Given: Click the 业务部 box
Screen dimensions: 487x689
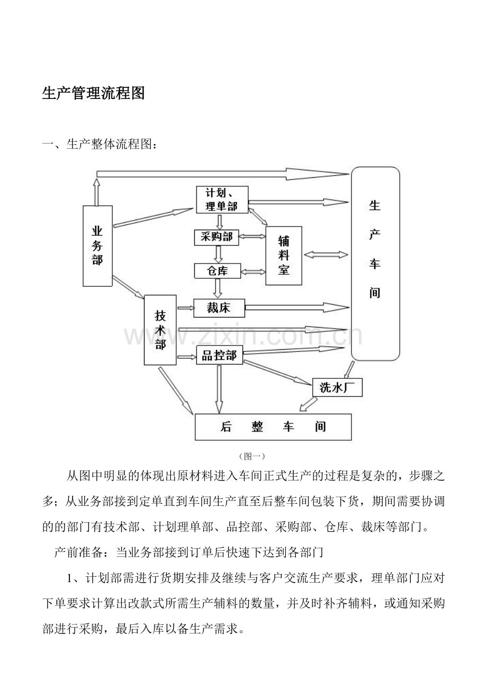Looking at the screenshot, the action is pyautogui.click(x=97, y=246).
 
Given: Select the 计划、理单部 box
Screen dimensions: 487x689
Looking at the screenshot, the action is pyautogui.click(x=222, y=200).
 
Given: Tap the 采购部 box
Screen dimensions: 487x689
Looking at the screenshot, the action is pyautogui.click(x=217, y=237).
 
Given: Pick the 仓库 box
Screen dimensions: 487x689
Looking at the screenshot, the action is pyautogui.click(x=218, y=271).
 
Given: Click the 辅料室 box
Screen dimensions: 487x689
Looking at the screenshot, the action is pyautogui.click(x=284, y=256).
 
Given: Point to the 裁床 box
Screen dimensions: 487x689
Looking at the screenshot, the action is pyautogui.click(x=219, y=308).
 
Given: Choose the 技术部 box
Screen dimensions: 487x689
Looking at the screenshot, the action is pyautogui.click(x=160, y=330).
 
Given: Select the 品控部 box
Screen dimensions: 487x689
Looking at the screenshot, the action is pyautogui.click(x=220, y=355).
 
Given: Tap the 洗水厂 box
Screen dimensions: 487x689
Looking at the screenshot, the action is pyautogui.click(x=337, y=387).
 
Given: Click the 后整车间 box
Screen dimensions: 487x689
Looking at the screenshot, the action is pyautogui.click(x=273, y=427).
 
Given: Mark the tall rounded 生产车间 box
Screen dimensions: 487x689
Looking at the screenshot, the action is pyautogui.click(x=375, y=264).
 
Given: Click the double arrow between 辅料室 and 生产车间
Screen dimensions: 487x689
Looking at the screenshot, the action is pyautogui.click(x=326, y=255).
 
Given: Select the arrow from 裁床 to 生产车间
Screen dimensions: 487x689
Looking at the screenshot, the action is pyautogui.click(x=297, y=307).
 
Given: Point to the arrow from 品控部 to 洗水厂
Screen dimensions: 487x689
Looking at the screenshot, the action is pyautogui.click(x=277, y=373).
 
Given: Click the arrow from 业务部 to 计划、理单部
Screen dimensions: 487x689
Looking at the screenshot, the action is pyautogui.click(x=153, y=217).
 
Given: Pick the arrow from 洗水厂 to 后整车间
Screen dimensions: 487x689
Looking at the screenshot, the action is pyautogui.click(x=308, y=404).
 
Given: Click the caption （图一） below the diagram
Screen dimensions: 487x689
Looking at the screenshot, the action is pyautogui.click(x=251, y=456).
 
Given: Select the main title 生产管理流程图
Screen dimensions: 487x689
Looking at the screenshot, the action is pyautogui.click(x=93, y=93).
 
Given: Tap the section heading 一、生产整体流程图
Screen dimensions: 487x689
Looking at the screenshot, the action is pyautogui.click(x=100, y=144).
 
